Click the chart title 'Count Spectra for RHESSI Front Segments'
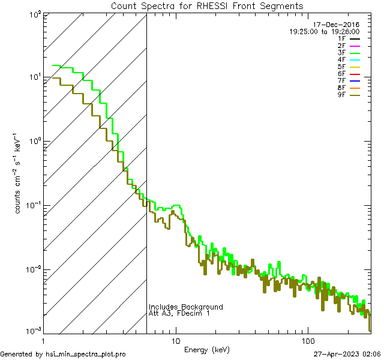click(207, 5)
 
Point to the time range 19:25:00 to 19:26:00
click(325, 31)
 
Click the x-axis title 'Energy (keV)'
click(207, 350)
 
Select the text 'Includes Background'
click(186, 307)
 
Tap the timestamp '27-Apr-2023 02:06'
click(347, 355)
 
